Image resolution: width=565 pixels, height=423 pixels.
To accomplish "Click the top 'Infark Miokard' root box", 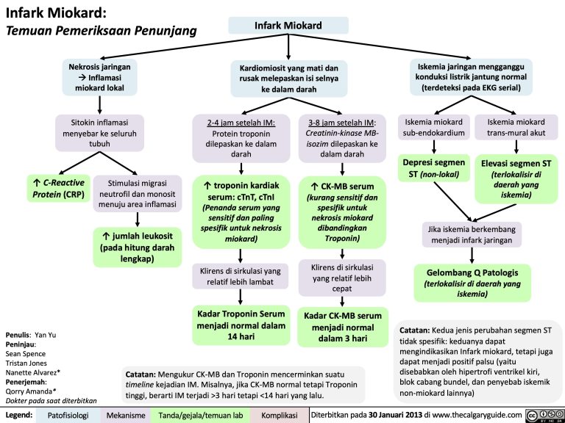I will point(288,26).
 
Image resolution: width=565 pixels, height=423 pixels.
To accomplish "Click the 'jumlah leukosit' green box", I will point(137,247).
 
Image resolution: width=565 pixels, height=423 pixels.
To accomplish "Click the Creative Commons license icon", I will point(544,416).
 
